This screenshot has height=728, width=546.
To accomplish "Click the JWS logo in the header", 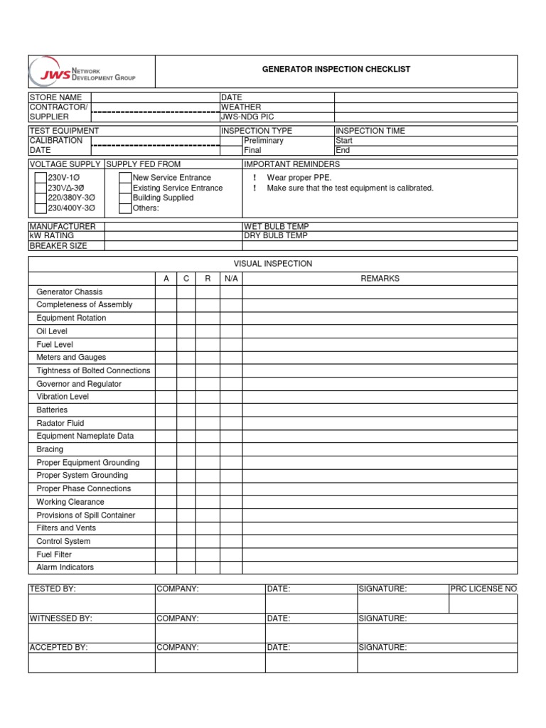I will click(81, 72).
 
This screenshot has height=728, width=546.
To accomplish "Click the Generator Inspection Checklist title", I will click(336, 70).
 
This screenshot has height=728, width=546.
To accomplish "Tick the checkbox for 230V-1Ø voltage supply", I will click(41, 178).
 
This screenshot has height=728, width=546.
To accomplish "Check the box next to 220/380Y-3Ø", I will click(41, 198).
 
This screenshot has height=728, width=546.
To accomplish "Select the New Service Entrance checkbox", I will click(125, 178).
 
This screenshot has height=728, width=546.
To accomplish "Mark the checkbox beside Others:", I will click(125, 208).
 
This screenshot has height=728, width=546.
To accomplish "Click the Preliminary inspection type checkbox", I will click(231, 141).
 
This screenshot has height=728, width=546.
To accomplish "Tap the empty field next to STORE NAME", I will click(156, 97).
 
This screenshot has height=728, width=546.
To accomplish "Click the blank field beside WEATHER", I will click(425, 107).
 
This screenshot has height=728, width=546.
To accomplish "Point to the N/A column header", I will click(231, 279).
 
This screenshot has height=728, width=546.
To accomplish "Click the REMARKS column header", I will click(380, 279).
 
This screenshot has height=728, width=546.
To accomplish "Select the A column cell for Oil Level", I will click(166, 331).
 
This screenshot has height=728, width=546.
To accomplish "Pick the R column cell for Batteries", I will click(208, 410).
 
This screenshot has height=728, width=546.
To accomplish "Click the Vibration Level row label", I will click(63, 397).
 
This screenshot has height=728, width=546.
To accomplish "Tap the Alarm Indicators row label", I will click(65, 567).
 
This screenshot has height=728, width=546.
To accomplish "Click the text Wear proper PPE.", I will click(299, 178).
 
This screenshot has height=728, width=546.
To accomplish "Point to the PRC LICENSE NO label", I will click(483, 589).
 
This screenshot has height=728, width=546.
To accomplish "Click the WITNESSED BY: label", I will click(60, 619).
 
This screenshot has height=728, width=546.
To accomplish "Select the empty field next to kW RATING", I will click(173, 236).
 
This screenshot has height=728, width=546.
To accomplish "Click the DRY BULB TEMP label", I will click(276, 236).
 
